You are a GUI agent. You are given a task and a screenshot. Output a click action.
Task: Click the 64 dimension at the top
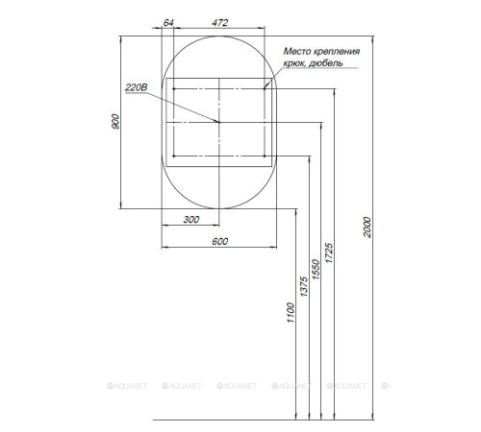click(168, 21)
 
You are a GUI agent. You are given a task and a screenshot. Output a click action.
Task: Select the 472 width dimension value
click(220, 21)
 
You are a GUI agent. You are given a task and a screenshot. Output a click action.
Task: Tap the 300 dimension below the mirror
click(190, 221)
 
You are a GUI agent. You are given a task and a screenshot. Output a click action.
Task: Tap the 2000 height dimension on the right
click(368, 228)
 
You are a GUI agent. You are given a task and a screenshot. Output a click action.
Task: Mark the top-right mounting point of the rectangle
click(267, 88)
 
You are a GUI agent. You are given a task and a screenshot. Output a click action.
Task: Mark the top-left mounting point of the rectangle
click(173, 88)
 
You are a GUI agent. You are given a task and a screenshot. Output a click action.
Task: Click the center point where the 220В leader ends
click(220, 123)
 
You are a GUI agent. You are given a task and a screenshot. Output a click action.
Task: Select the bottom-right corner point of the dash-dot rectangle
click(267, 157)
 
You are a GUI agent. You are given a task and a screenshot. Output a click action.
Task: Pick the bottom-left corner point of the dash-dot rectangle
click(173, 157)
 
